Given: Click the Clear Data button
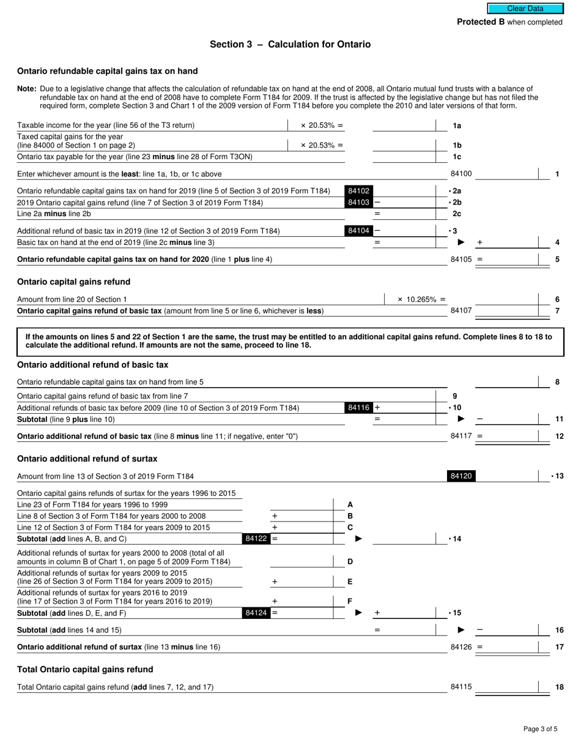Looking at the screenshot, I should [x=525, y=9].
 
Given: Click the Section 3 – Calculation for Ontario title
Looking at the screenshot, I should [x=290, y=44].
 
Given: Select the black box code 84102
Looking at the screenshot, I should [x=358, y=191].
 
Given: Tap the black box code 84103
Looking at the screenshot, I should [x=358, y=203].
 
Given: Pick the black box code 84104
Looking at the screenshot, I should [x=358, y=231].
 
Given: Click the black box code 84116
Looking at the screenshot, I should [x=358, y=408].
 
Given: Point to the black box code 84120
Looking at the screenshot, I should [x=461, y=476].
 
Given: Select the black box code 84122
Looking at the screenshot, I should [x=256, y=539].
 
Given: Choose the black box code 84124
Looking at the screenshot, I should [x=256, y=613].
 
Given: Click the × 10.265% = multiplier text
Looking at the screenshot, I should [x=421, y=299].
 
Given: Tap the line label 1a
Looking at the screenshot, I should [x=457, y=125].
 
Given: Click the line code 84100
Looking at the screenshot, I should [x=461, y=174].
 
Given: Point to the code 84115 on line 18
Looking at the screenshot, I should [x=461, y=687].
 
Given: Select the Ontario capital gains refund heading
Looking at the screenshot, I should [x=73, y=282].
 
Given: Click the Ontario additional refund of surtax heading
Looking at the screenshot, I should [x=87, y=459].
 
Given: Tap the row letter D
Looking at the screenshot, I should [x=350, y=561].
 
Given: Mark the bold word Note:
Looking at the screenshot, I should [x=27, y=89].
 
